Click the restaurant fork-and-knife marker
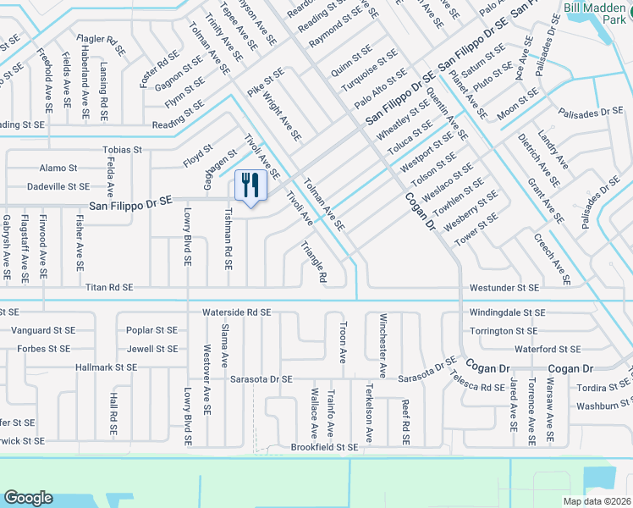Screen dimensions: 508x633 (250, 185)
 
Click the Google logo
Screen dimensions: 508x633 (28, 498)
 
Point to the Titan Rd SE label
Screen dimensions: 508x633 (109, 288)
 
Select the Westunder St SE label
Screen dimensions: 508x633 (504, 288)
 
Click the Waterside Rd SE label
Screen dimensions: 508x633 (236, 312)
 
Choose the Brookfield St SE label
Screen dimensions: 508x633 (324, 446)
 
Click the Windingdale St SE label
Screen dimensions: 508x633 (504, 313)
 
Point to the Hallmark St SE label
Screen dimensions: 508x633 (106, 367)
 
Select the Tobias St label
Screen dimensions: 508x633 (122, 149)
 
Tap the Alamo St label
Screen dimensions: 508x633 (52, 168)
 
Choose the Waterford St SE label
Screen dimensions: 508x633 (548, 349)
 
